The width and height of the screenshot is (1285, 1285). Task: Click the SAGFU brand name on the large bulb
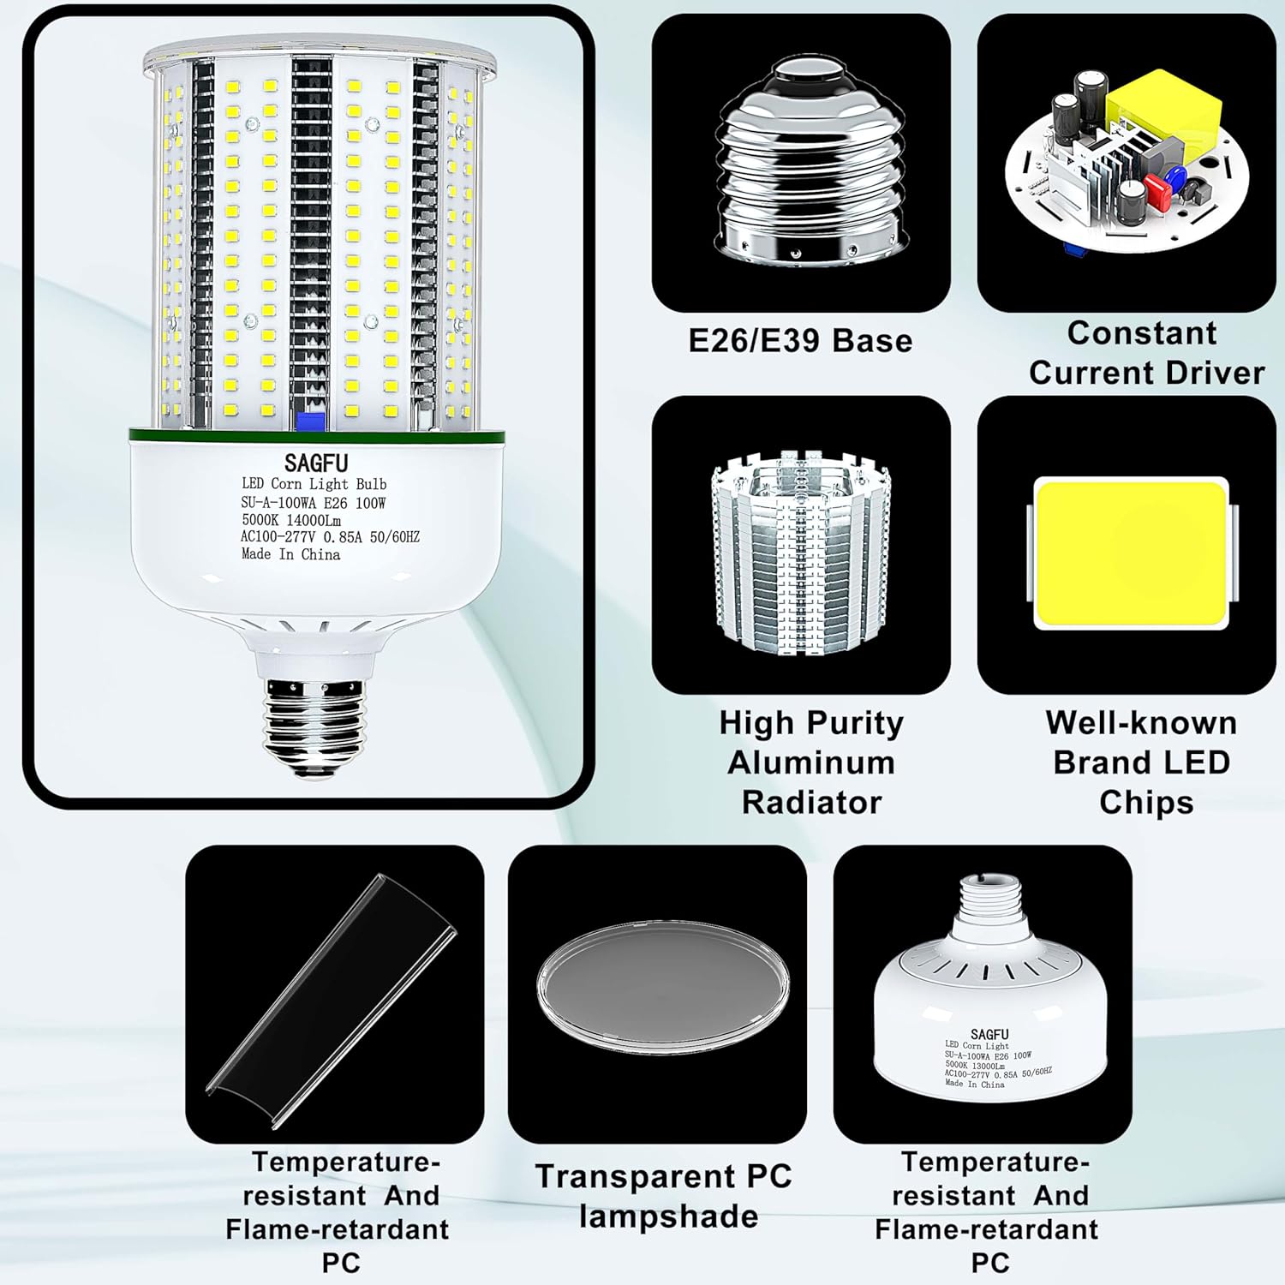[x=316, y=463]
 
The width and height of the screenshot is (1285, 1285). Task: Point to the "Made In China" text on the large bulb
[x=290, y=554]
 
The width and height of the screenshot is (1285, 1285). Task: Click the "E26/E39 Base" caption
[x=800, y=341]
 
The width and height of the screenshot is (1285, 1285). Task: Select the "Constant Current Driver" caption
[x=1145, y=353]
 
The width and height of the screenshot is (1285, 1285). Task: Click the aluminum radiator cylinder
[x=801, y=548]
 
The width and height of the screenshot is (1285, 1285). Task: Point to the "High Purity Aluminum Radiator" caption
[x=810, y=762]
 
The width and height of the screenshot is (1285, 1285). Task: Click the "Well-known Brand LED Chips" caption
[x=1141, y=762]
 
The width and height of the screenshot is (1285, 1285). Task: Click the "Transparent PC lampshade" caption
[x=664, y=1196]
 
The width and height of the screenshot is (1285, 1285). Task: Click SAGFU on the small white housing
[x=989, y=1034]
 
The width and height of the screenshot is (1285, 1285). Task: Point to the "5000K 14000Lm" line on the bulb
[x=291, y=520]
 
